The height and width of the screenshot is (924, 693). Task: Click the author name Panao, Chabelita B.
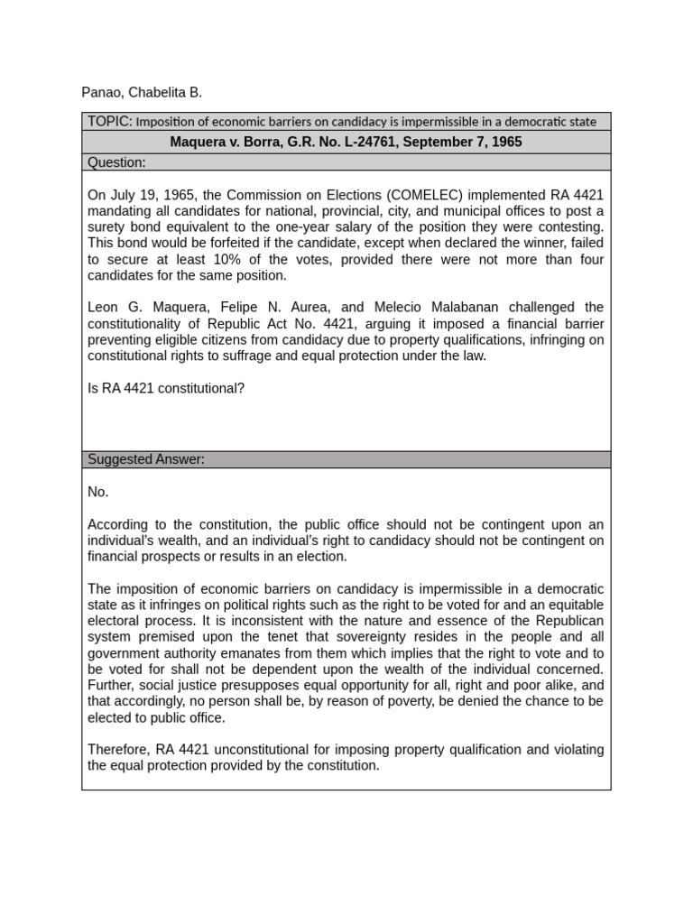tap(142, 93)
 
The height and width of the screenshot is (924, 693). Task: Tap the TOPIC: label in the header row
tap(110, 121)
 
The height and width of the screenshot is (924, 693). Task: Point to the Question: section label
tap(116, 162)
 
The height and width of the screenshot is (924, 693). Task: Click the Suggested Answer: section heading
tap(146, 459)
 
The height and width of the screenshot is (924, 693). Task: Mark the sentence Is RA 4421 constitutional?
tap(166, 389)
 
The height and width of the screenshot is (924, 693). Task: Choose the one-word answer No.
tap(98, 492)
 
